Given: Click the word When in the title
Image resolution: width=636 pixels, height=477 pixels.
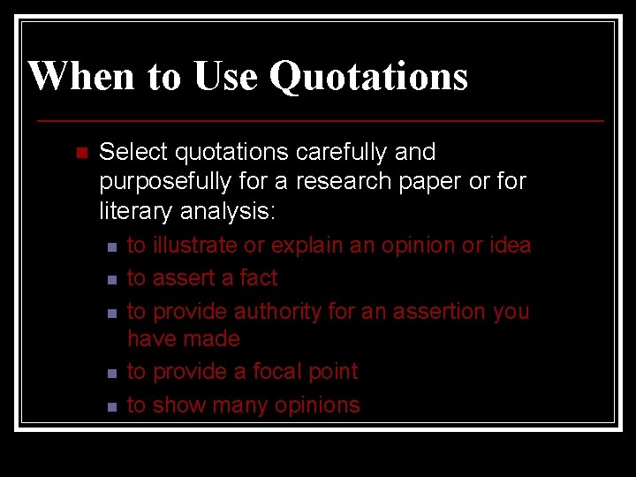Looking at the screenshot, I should [80, 76].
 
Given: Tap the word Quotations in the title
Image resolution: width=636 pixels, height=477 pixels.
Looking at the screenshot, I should [368, 76].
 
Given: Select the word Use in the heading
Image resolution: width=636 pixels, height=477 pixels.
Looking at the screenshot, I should [224, 76].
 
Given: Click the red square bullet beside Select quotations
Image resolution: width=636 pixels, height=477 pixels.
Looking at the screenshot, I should [82, 154].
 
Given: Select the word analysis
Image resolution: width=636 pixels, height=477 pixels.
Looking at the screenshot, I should [229, 212].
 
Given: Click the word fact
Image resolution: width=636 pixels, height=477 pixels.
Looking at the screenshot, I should [259, 278].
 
